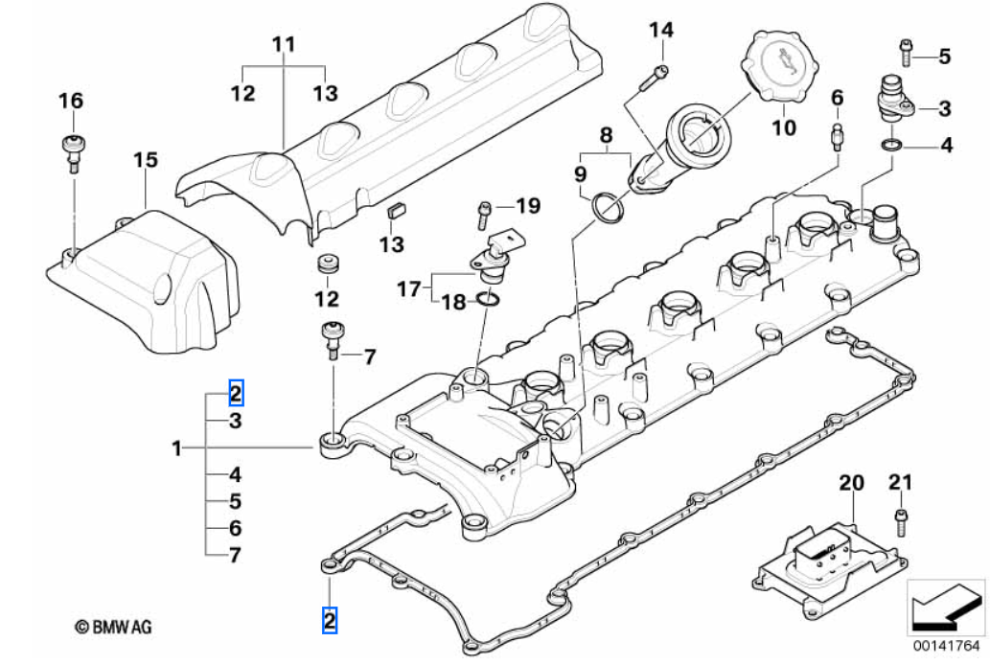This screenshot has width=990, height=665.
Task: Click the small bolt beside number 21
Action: point(900,521)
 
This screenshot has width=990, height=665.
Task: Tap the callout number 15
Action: point(144,160)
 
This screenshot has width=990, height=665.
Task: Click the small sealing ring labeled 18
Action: point(487,303)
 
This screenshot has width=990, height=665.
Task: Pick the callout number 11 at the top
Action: point(284,44)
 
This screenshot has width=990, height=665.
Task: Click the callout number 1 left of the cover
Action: point(176,447)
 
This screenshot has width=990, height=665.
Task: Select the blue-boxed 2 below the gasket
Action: point(329,621)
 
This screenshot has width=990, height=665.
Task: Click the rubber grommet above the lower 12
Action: point(328,264)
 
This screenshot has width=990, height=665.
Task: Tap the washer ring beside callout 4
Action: point(891,146)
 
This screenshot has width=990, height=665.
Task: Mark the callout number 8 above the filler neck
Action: point(605,136)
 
